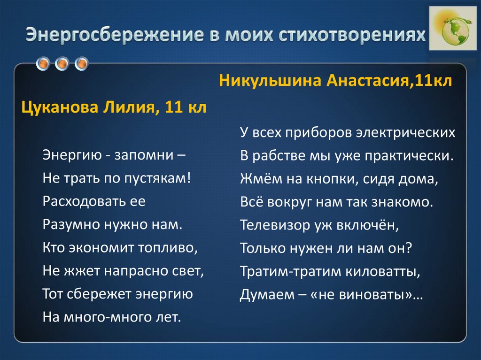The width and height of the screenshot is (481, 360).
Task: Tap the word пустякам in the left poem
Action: click(x=158, y=178)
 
